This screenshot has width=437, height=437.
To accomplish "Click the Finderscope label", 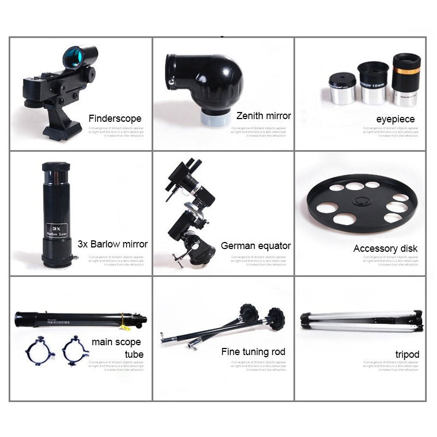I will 115,119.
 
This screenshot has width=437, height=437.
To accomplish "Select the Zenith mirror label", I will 263,116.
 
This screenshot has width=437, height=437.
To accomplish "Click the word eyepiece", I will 395,119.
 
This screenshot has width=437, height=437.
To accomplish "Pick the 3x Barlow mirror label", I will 113,244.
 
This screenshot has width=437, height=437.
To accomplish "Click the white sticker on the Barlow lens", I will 55,227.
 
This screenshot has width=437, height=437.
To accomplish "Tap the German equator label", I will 256,246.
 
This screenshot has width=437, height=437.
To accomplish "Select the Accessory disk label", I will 385,249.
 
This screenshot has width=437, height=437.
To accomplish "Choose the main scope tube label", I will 116,348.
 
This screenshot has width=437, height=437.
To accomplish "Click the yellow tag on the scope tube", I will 123,327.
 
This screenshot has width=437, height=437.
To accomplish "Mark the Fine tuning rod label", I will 253,352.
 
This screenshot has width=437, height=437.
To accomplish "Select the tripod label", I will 407,355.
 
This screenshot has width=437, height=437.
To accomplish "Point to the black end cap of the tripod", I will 418,321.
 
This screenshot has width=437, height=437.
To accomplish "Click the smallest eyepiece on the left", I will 342,90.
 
